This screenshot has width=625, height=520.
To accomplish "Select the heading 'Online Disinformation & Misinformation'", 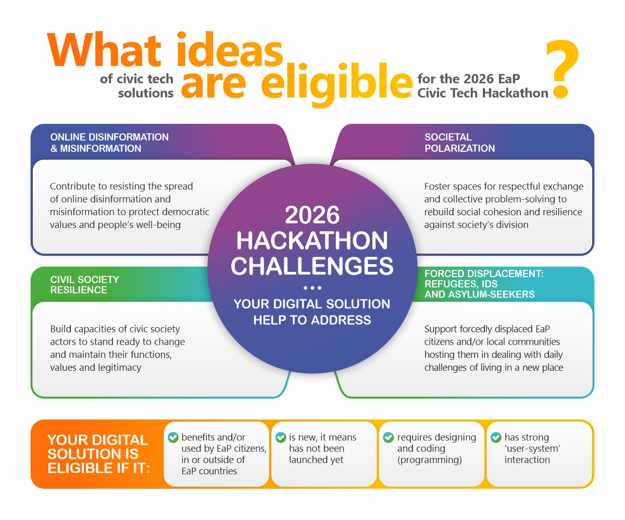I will coord(109,142).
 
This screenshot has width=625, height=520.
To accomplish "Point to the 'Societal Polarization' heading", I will coord(459,142).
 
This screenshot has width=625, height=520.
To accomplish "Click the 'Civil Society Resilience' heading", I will coord(84,284).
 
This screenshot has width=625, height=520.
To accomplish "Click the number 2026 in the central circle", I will coord(312,215).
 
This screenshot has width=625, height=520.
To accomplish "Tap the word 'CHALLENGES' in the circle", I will coord(312,265).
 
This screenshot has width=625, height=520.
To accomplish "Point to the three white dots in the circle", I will coord(312,288).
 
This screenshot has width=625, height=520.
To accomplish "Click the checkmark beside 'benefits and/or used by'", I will coord(173,438).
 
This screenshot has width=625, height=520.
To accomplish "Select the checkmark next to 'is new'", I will coord(281,438).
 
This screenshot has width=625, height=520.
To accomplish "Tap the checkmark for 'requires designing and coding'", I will coord(388,438).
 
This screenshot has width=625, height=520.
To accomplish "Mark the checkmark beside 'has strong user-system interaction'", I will coord(496,438).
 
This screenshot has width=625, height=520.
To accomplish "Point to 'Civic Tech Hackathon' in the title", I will coord(483,93).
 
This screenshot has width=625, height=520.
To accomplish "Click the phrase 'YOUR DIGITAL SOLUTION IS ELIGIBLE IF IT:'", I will coord(98,453).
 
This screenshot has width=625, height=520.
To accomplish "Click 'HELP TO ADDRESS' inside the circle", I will coord(312,320).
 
